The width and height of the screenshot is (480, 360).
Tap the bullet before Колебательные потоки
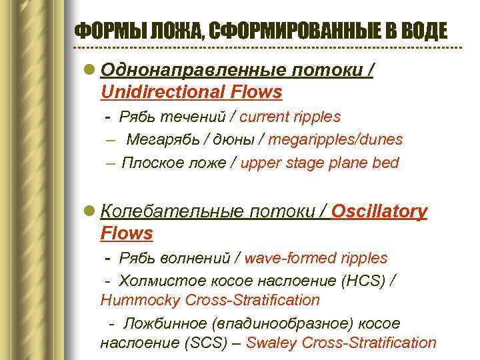91,212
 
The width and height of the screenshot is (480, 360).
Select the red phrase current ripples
290,117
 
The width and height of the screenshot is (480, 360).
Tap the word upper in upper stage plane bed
260,163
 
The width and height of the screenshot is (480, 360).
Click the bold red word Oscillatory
379,211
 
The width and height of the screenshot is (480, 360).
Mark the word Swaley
271,343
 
